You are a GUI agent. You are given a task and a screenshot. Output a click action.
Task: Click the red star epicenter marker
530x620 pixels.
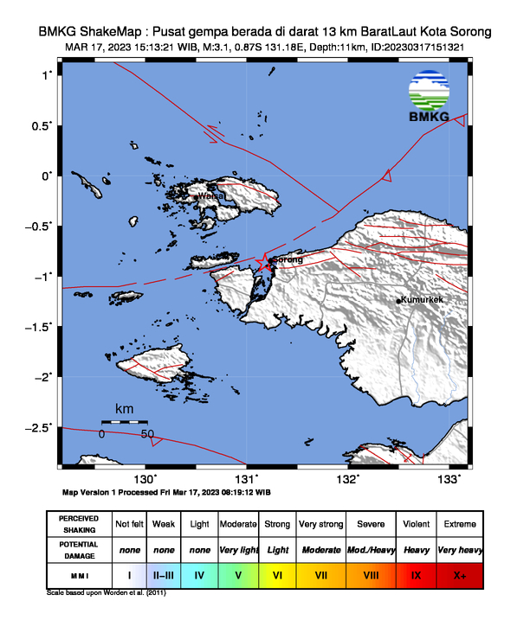coord(265,263)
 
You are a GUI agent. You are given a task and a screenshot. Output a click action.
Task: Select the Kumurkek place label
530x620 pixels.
coord(423,299)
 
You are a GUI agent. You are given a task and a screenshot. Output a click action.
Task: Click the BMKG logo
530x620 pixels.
coord(428,98)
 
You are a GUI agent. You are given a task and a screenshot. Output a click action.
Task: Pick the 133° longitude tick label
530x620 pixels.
coord(449,479)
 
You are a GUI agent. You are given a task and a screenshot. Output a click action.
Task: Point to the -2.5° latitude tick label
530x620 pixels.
coord(37,427)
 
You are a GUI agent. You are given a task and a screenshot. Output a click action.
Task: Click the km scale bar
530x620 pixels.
coord(125,421)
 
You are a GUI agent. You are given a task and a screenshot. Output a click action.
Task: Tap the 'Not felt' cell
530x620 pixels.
coord(129,524)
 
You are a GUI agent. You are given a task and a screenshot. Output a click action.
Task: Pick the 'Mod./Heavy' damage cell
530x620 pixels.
coord(370,549)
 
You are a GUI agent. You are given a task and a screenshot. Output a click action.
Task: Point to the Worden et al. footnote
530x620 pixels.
coord(107,593)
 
